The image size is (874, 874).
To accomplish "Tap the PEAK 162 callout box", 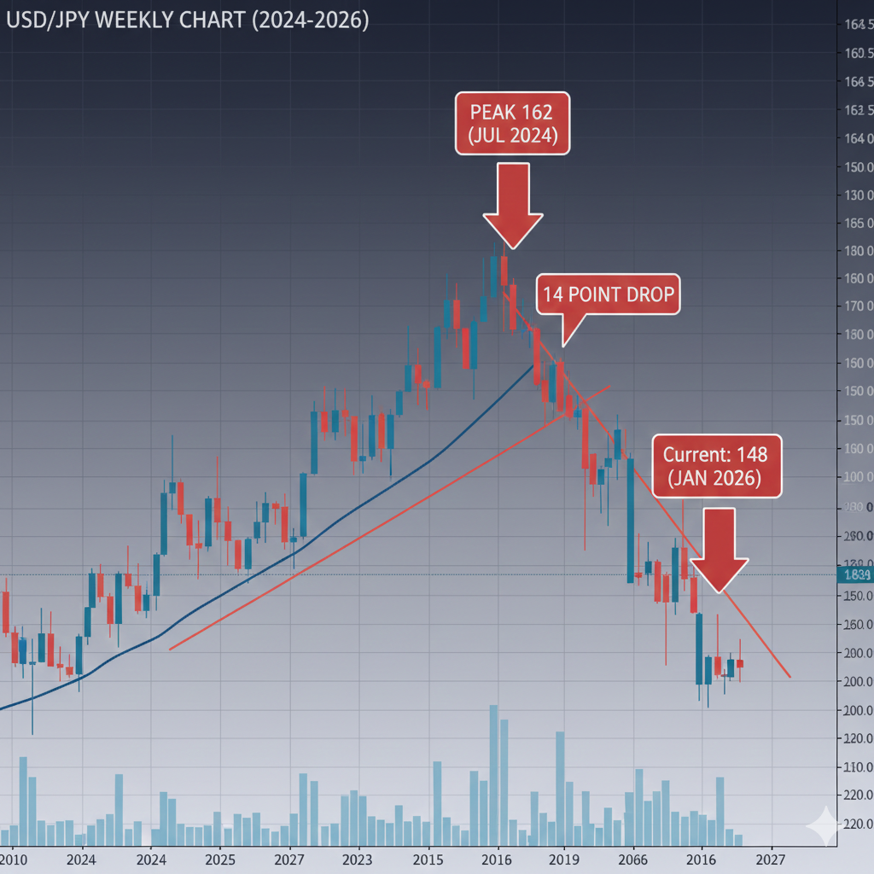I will coord(511,123).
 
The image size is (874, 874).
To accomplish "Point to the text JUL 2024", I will coord(512,135).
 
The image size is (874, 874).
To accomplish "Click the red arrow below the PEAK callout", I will coord(513,205).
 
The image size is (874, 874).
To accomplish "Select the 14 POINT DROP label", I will coord(608,295).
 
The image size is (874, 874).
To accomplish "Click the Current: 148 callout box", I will coord(715,465).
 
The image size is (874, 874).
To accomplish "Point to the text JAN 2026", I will coord(715,478).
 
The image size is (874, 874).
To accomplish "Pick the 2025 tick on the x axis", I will coord(220,859).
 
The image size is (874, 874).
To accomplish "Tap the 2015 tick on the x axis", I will coord(427,859).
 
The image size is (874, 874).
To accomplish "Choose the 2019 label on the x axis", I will coord(563,859).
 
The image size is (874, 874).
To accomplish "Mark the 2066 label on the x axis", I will coord(632,859).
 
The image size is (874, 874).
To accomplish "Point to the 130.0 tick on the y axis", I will coord(856,195).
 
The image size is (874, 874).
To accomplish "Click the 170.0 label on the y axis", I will coord(856,306).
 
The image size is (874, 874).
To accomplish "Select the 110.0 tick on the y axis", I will coord(856,767).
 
